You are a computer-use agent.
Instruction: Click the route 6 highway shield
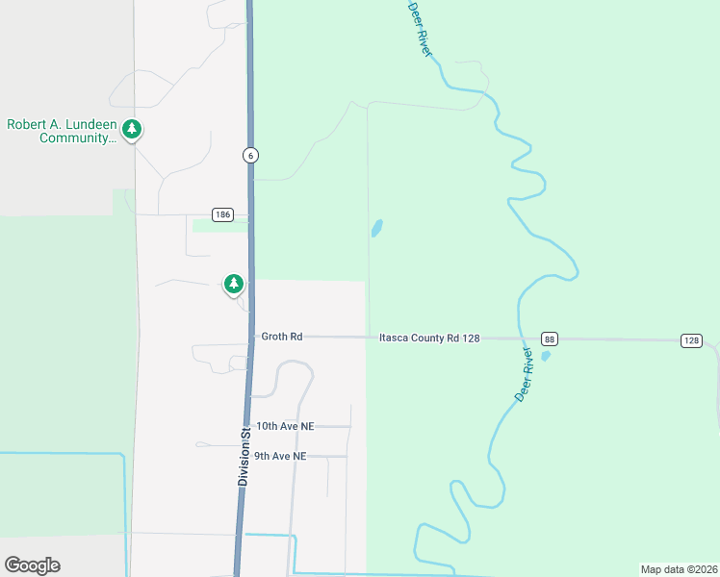(249, 156)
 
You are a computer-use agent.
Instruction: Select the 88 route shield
(549, 339)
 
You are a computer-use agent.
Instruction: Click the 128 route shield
(691, 340)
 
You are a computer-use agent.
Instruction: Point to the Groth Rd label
(282, 337)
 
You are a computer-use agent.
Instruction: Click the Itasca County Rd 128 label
(428, 338)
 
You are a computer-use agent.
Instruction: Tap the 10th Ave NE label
(285, 425)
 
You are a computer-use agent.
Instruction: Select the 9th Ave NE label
(280, 456)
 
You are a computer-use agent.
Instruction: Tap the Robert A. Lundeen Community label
(62, 131)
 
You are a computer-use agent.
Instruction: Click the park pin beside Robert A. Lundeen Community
(132, 129)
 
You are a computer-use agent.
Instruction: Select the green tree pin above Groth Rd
(233, 284)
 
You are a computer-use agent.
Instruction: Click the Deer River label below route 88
(525, 375)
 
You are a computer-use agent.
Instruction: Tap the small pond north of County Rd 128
(376, 228)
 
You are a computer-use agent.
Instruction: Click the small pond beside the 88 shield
(546, 356)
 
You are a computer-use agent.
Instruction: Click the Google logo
(32, 565)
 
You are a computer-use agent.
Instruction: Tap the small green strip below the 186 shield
(219, 226)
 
